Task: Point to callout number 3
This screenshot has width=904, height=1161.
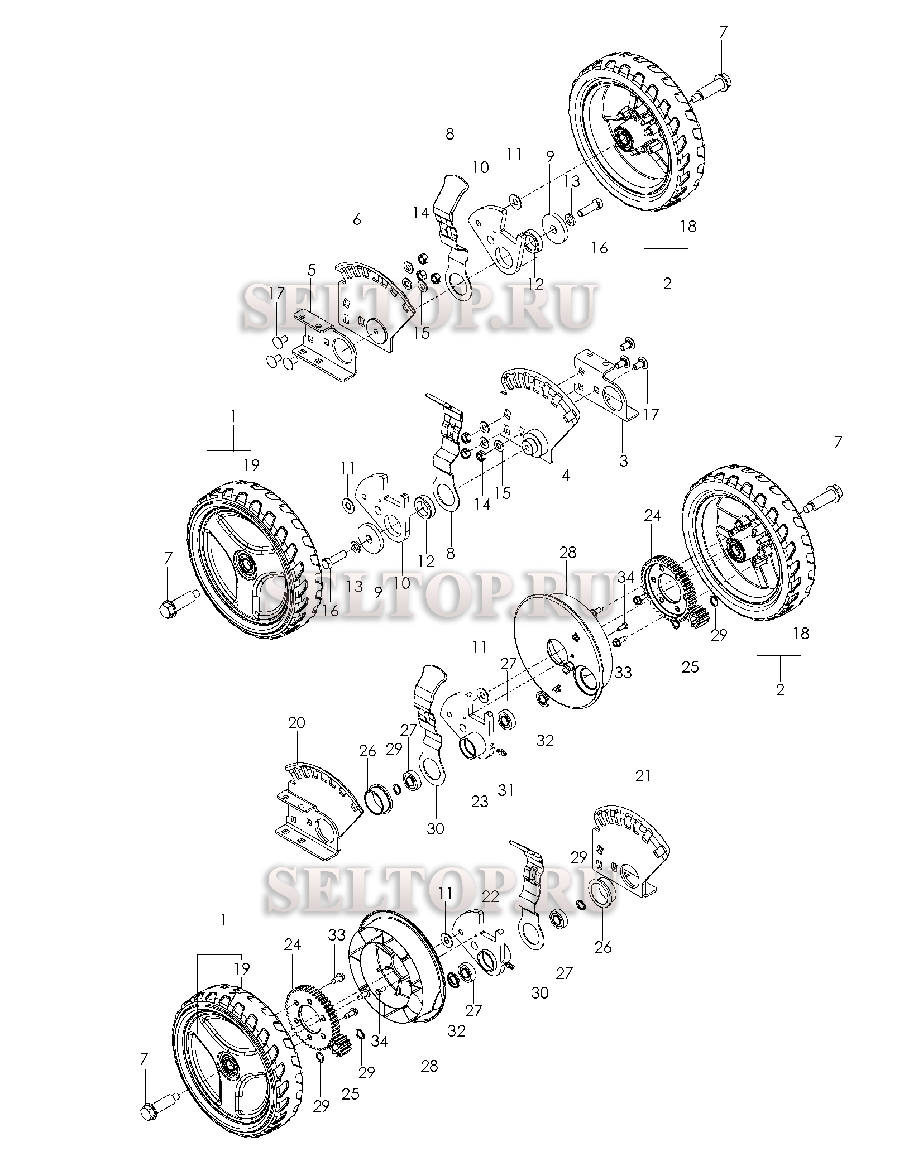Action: [x=624, y=461]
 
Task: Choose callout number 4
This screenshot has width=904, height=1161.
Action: [x=565, y=476]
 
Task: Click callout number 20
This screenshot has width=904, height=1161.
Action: [x=296, y=722]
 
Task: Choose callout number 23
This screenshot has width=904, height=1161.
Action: [x=480, y=802]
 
